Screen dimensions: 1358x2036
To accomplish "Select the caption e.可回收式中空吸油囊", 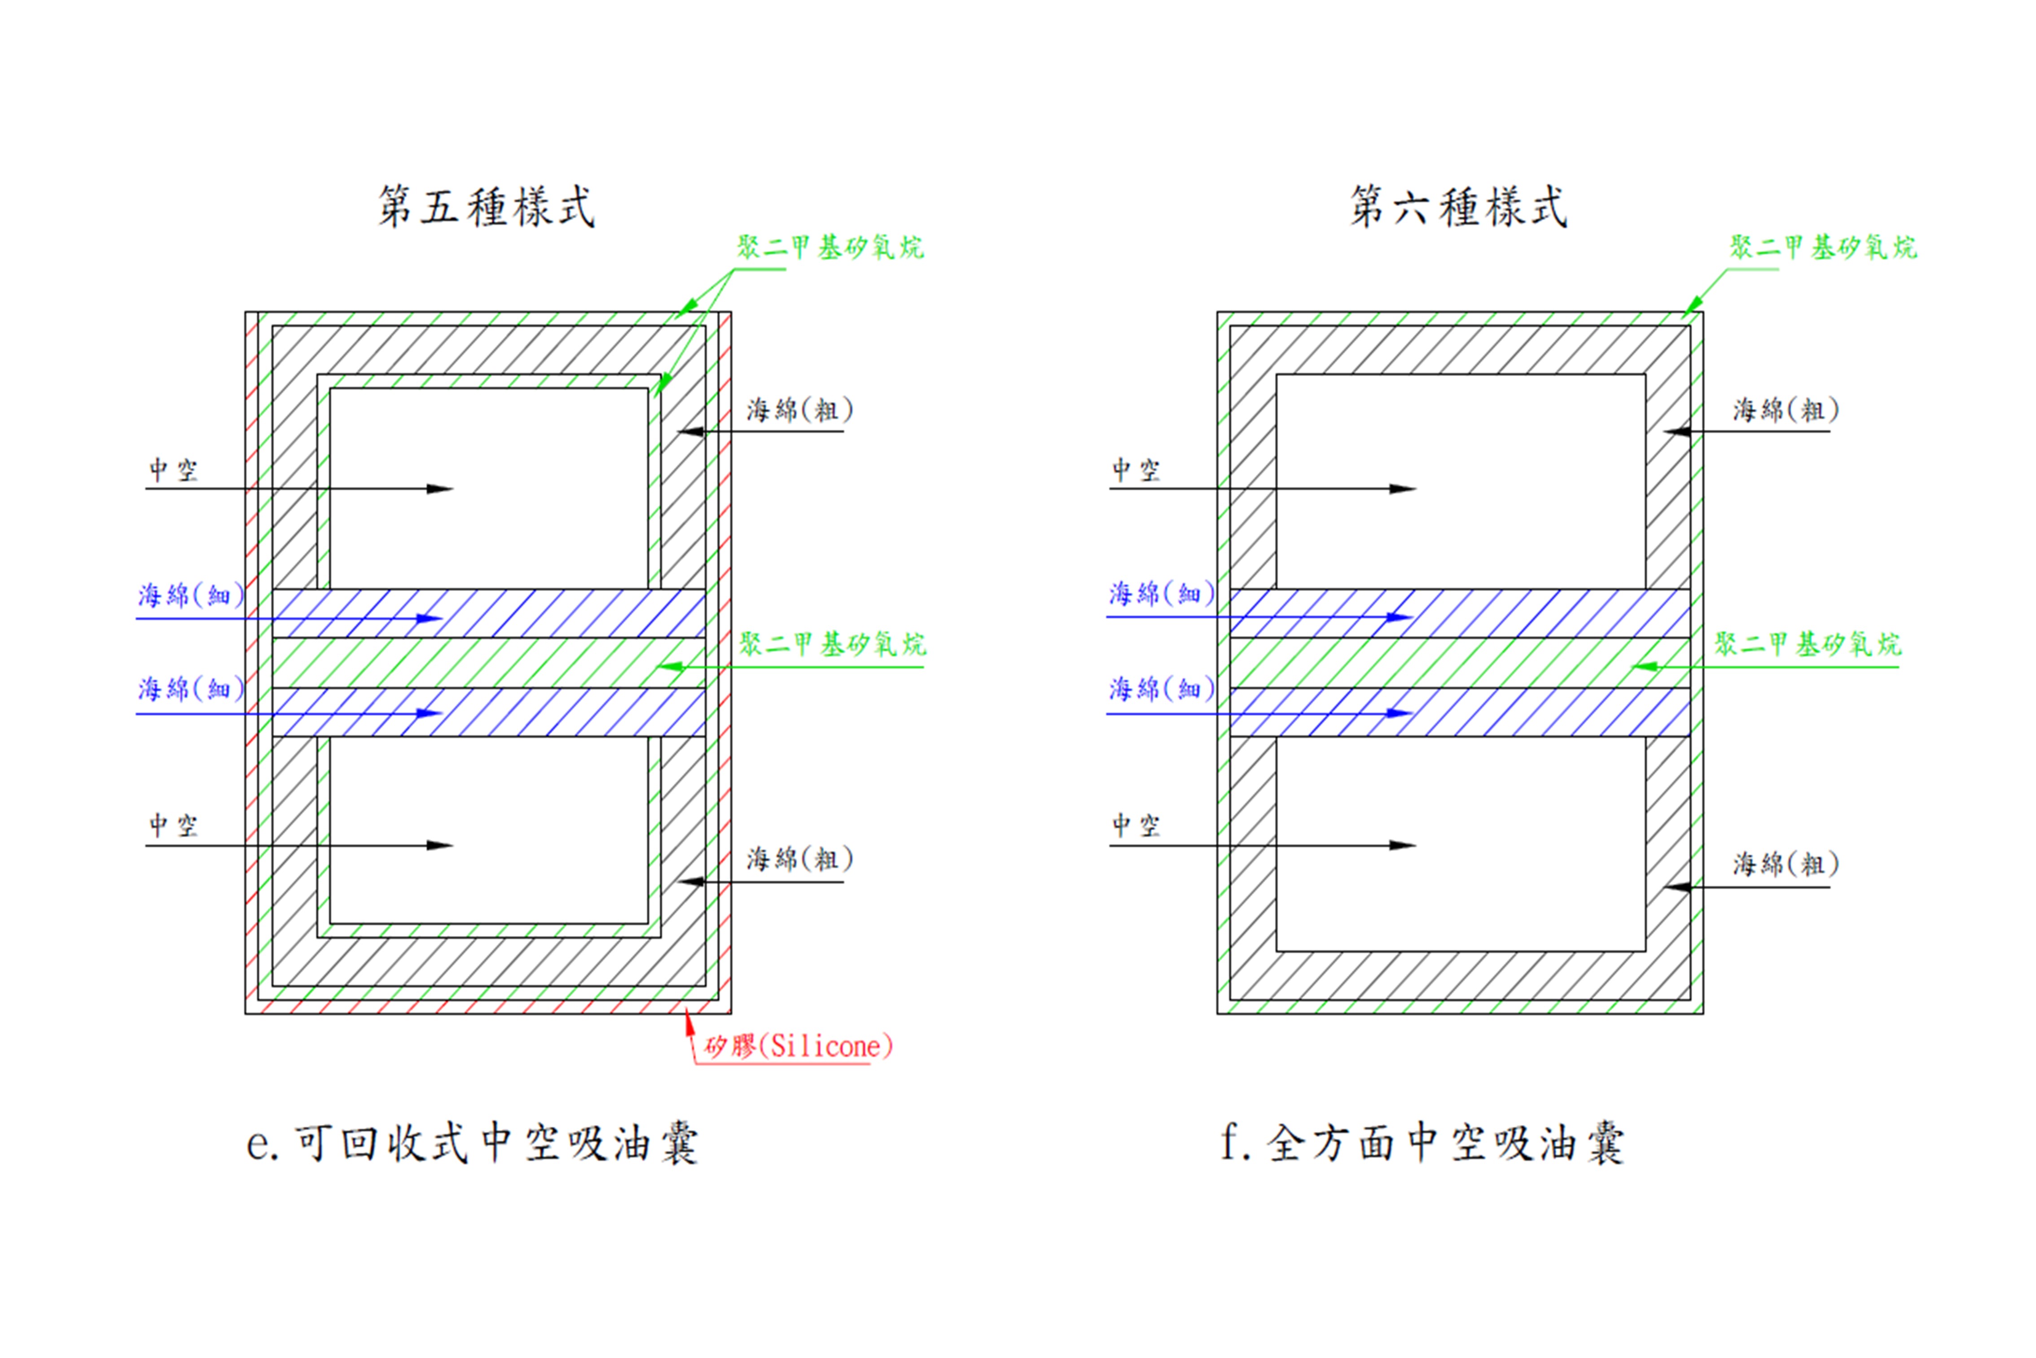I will click(473, 1143).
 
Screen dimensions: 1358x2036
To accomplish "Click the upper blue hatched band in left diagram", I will click(554, 613).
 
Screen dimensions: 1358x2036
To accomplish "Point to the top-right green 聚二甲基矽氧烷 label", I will click(1823, 248).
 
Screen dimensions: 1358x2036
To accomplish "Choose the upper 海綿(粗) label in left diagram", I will click(800, 410).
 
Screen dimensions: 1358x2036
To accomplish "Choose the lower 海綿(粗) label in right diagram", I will click(1785, 864).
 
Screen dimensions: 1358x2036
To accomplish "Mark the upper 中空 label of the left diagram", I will click(173, 470).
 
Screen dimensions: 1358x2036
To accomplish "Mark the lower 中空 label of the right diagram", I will click(1136, 825).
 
